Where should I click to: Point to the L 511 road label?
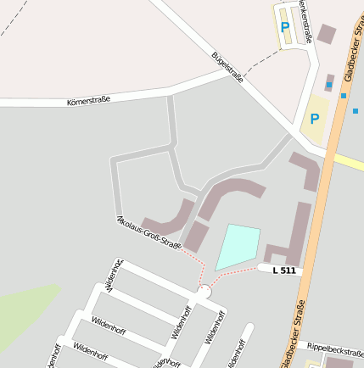pyautogui.click(x=285, y=270)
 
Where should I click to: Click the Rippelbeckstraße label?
pyautogui.click(x=335, y=346)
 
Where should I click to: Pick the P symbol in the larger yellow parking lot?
pyautogui.click(x=315, y=119)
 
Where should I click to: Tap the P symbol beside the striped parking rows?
pyautogui.click(x=285, y=26)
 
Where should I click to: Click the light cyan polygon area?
pyautogui.click(x=237, y=246)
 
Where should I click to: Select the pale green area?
pyautogui.click(x=25, y=314)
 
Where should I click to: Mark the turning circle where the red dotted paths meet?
pyautogui.click(x=203, y=292)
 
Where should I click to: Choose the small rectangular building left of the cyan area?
pyautogui.click(x=195, y=236)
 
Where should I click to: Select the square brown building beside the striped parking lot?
pyautogui.click(x=327, y=34)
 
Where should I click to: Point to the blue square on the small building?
pyautogui.click(x=328, y=86)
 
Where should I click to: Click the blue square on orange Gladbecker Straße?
pyautogui.click(x=344, y=96)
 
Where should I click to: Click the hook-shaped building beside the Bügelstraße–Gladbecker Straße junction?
pyautogui.click(x=307, y=170)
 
